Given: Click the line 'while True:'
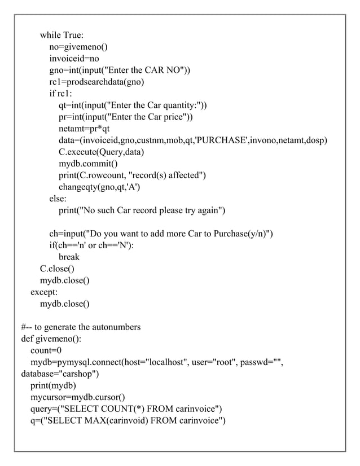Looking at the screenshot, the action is point(62,37).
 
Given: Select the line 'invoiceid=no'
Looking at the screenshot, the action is point(74,58).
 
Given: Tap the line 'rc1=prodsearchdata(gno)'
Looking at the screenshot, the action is point(96,82).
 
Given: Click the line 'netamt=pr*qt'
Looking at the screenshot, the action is point(84,129).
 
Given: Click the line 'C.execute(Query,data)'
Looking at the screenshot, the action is point(102,152).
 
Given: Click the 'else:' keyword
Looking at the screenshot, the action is point(58,199).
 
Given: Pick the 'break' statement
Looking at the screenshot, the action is point(69,257).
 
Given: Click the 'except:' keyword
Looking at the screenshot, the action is point(44,292).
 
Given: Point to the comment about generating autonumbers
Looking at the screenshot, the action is point(81,327).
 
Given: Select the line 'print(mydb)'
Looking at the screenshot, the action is point(53,386).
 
